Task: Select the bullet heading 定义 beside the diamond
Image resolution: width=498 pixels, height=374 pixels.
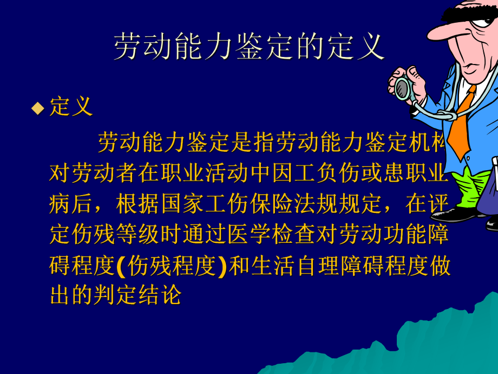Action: tap(71, 107)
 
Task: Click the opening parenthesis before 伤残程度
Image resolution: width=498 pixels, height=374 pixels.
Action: tap(120, 267)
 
